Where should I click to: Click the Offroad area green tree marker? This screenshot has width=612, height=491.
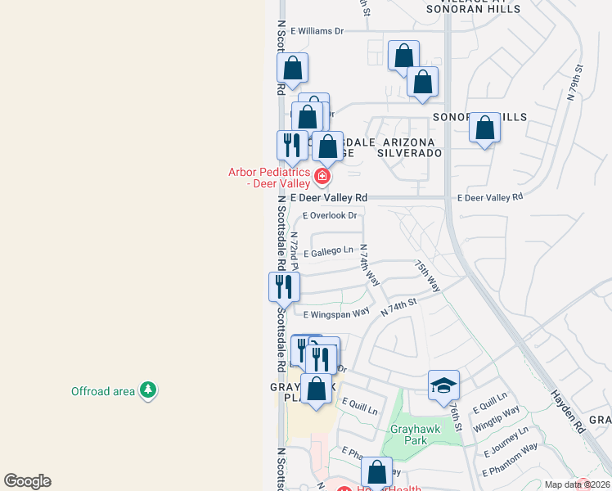[x=148, y=390]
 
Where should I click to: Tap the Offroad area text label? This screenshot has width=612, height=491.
[x=103, y=391]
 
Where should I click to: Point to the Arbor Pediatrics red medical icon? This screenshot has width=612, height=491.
[x=322, y=176]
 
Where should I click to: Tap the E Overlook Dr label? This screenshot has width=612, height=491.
[x=331, y=216]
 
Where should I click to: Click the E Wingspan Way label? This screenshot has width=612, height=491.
[x=336, y=314]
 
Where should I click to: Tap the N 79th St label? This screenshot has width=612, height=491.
[x=574, y=83]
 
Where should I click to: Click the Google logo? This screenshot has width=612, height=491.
[x=27, y=481]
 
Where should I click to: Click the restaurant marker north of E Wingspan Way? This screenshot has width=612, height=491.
[x=284, y=286]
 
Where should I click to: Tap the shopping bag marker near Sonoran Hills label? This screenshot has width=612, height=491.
[x=484, y=128]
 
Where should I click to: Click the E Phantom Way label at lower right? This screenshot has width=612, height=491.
[x=510, y=459]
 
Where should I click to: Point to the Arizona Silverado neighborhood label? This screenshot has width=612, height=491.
[x=410, y=147]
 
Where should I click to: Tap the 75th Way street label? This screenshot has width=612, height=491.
[x=428, y=277]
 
